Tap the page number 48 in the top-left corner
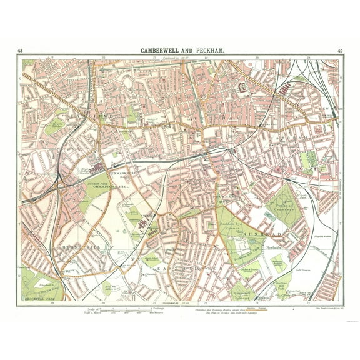(21, 50)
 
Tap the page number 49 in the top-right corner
(339, 50)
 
